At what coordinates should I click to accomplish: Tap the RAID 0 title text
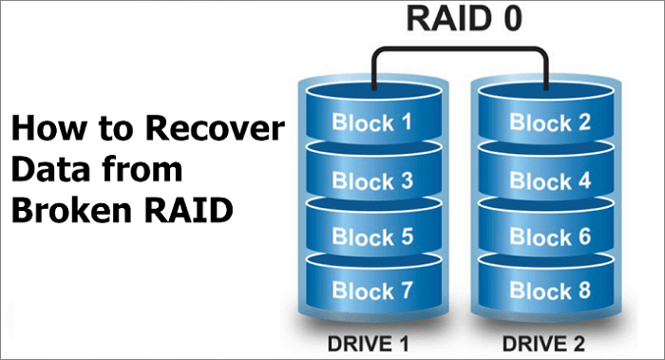[463, 20]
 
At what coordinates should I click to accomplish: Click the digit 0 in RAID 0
[513, 20]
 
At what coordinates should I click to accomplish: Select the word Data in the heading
[44, 170]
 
